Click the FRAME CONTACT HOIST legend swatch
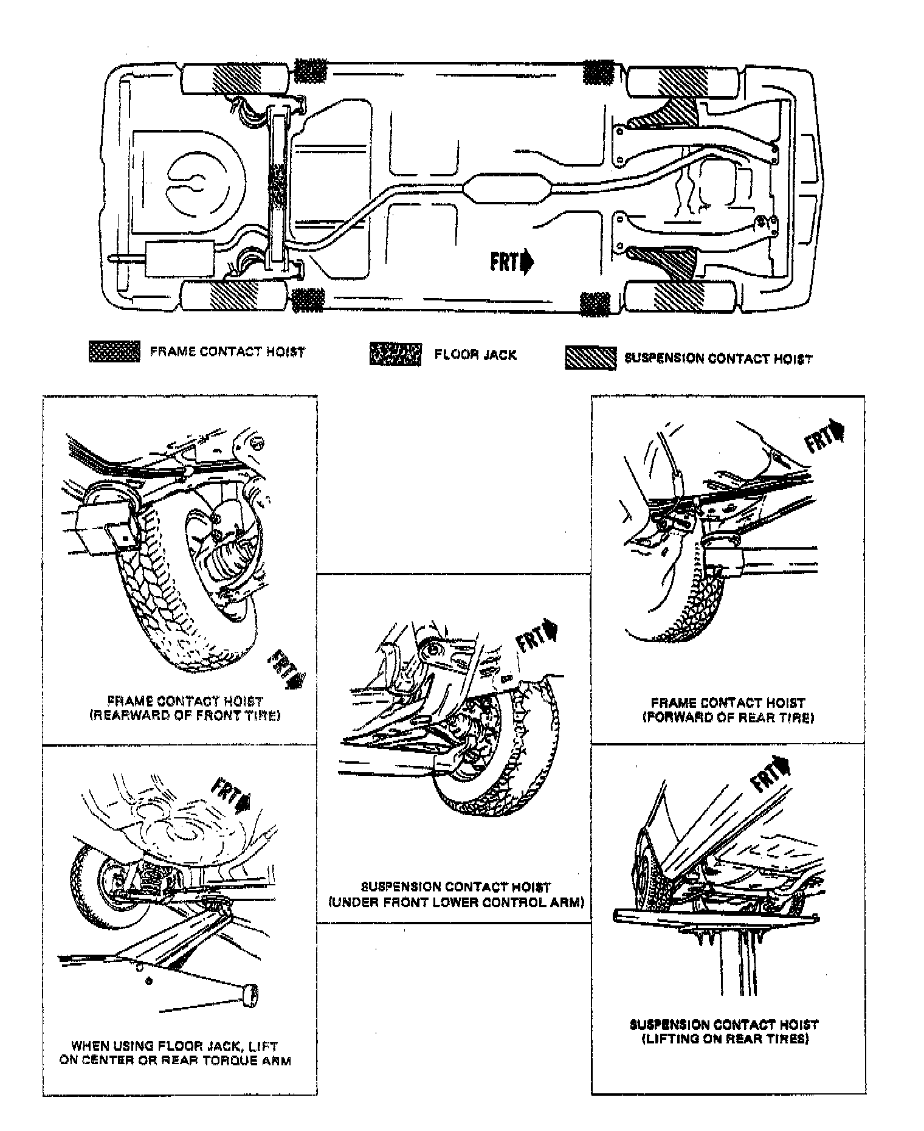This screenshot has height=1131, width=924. point(114,351)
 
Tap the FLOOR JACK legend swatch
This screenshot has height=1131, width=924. point(395,354)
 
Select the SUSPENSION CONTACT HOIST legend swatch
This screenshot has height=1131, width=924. point(590,358)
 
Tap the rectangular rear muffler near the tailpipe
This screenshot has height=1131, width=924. point(180,259)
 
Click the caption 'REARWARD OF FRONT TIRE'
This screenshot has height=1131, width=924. point(185,716)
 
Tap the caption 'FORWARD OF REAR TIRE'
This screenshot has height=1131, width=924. point(728,718)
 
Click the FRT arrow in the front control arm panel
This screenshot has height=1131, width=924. point(536,635)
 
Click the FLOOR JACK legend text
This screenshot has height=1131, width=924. point(475,355)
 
